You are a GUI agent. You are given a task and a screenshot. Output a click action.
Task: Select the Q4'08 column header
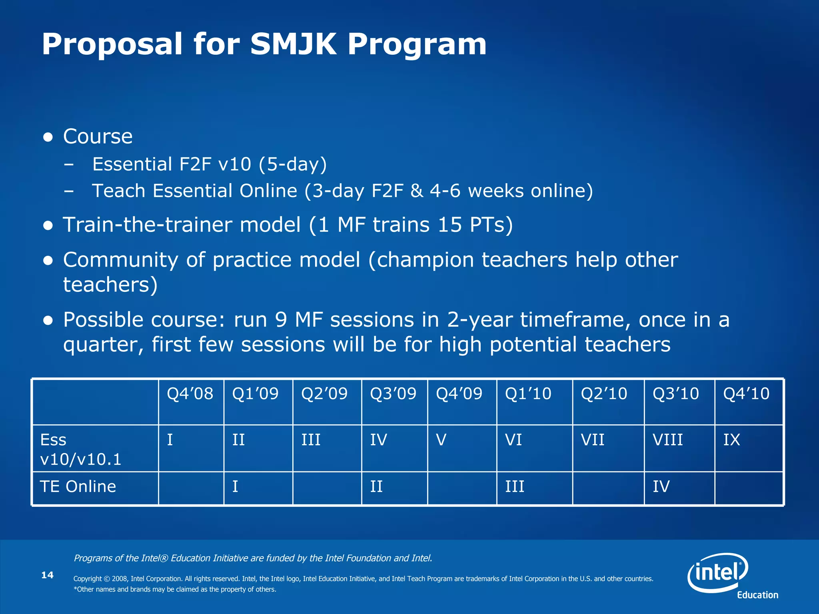190,394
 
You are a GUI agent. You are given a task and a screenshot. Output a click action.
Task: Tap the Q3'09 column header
393,394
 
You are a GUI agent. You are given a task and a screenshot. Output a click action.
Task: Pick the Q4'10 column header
746,394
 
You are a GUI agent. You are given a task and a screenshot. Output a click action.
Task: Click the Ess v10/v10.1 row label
80,449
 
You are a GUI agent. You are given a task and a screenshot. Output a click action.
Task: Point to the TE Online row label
78,486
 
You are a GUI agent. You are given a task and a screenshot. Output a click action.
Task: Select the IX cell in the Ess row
731,440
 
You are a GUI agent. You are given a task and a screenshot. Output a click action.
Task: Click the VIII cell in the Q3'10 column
667,440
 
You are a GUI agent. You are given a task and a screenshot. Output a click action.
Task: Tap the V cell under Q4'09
441,440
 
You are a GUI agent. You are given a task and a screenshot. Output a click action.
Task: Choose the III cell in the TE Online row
514,487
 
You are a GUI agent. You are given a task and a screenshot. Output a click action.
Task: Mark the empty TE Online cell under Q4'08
191,488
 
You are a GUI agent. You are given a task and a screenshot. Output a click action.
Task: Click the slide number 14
47,575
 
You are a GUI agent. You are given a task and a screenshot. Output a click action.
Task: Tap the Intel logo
718,572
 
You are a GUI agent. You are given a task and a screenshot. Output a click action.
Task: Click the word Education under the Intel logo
757,595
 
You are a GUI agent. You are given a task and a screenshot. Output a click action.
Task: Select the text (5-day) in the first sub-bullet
293,164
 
